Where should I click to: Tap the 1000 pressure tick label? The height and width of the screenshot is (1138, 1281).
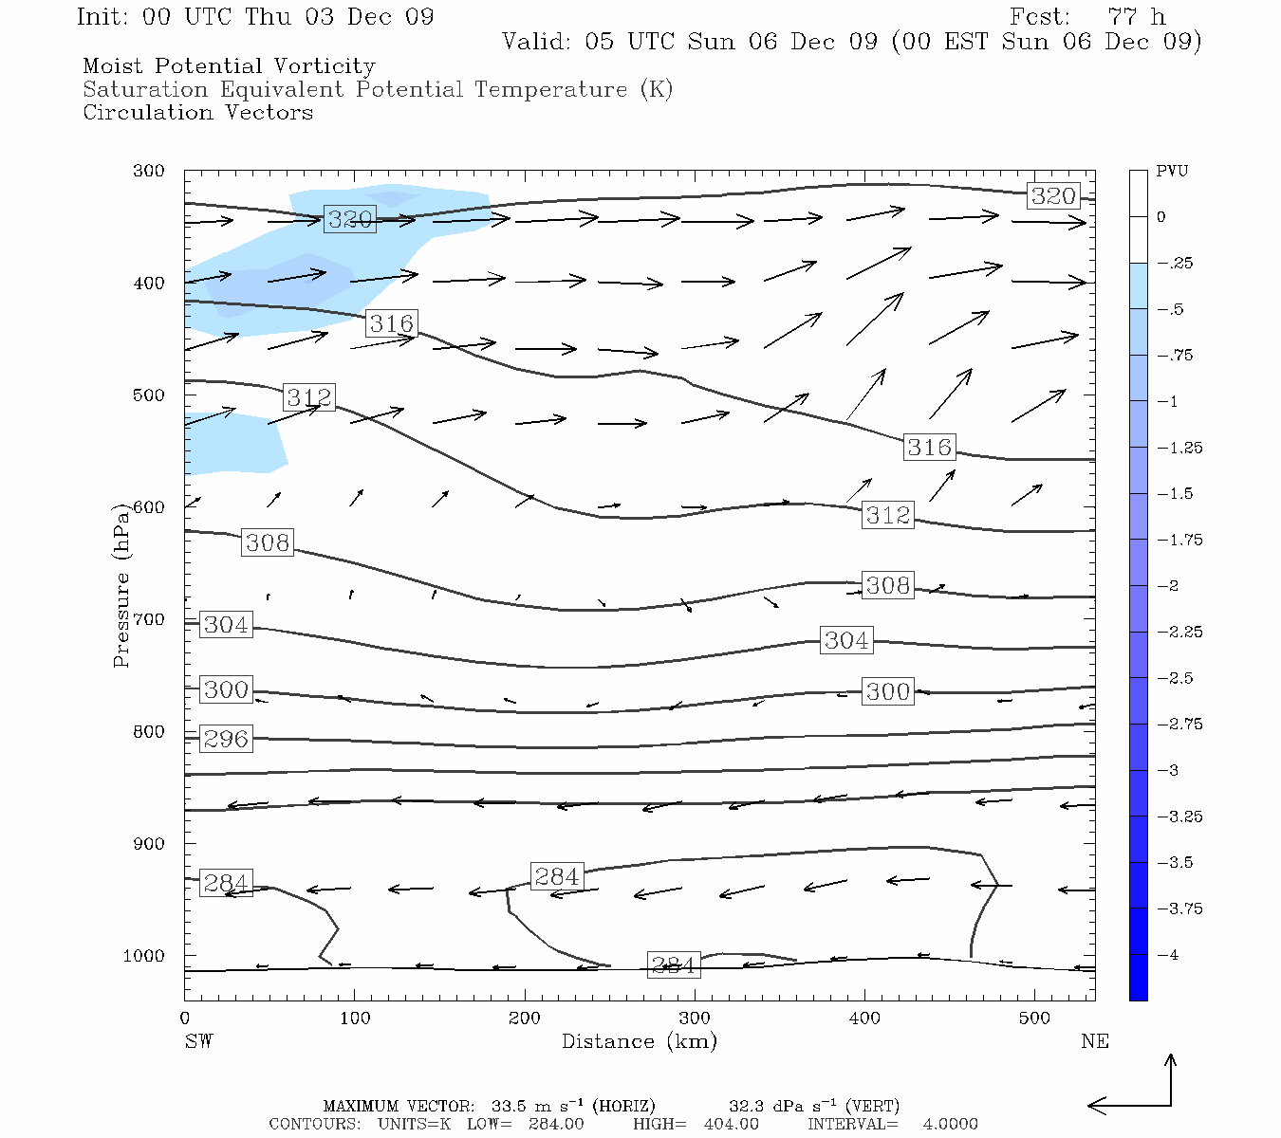click(143, 956)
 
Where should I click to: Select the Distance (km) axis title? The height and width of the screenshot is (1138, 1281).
click(639, 1041)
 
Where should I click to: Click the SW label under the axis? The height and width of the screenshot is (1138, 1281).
click(198, 1041)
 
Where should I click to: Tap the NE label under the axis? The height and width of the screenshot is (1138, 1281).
click(1094, 1041)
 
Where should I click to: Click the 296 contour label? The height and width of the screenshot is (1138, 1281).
click(226, 739)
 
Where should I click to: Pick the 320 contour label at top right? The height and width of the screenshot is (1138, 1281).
click(1053, 196)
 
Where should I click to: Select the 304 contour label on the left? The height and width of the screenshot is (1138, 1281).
click(226, 625)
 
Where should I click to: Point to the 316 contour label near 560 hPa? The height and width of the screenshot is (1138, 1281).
click(929, 447)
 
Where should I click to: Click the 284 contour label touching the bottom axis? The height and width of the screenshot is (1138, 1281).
click(673, 965)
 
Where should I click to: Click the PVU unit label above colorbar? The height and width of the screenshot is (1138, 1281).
click(1172, 172)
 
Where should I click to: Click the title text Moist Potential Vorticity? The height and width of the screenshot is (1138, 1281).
click(229, 66)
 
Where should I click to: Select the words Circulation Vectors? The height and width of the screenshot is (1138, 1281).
click(197, 113)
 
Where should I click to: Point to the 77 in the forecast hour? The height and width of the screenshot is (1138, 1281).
click(1122, 17)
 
